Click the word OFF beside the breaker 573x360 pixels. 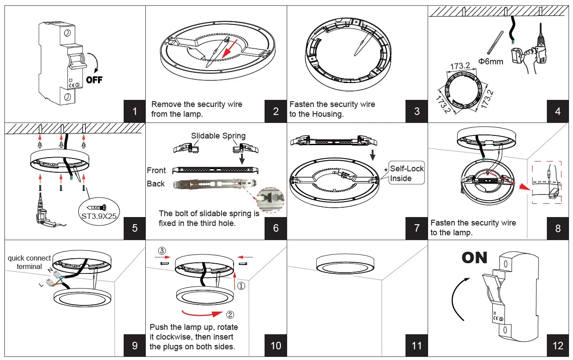point(94,80)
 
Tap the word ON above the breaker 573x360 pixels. point(474,257)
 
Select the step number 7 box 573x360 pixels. point(417,228)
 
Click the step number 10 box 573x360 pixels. point(276,345)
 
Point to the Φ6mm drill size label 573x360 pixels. point(491,62)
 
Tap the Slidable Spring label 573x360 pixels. point(218,136)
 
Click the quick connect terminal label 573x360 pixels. point(29,262)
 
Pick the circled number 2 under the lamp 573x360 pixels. point(230,315)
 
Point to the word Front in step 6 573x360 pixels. point(156,170)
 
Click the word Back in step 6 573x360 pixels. point(156,184)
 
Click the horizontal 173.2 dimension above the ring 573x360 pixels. point(460,66)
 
